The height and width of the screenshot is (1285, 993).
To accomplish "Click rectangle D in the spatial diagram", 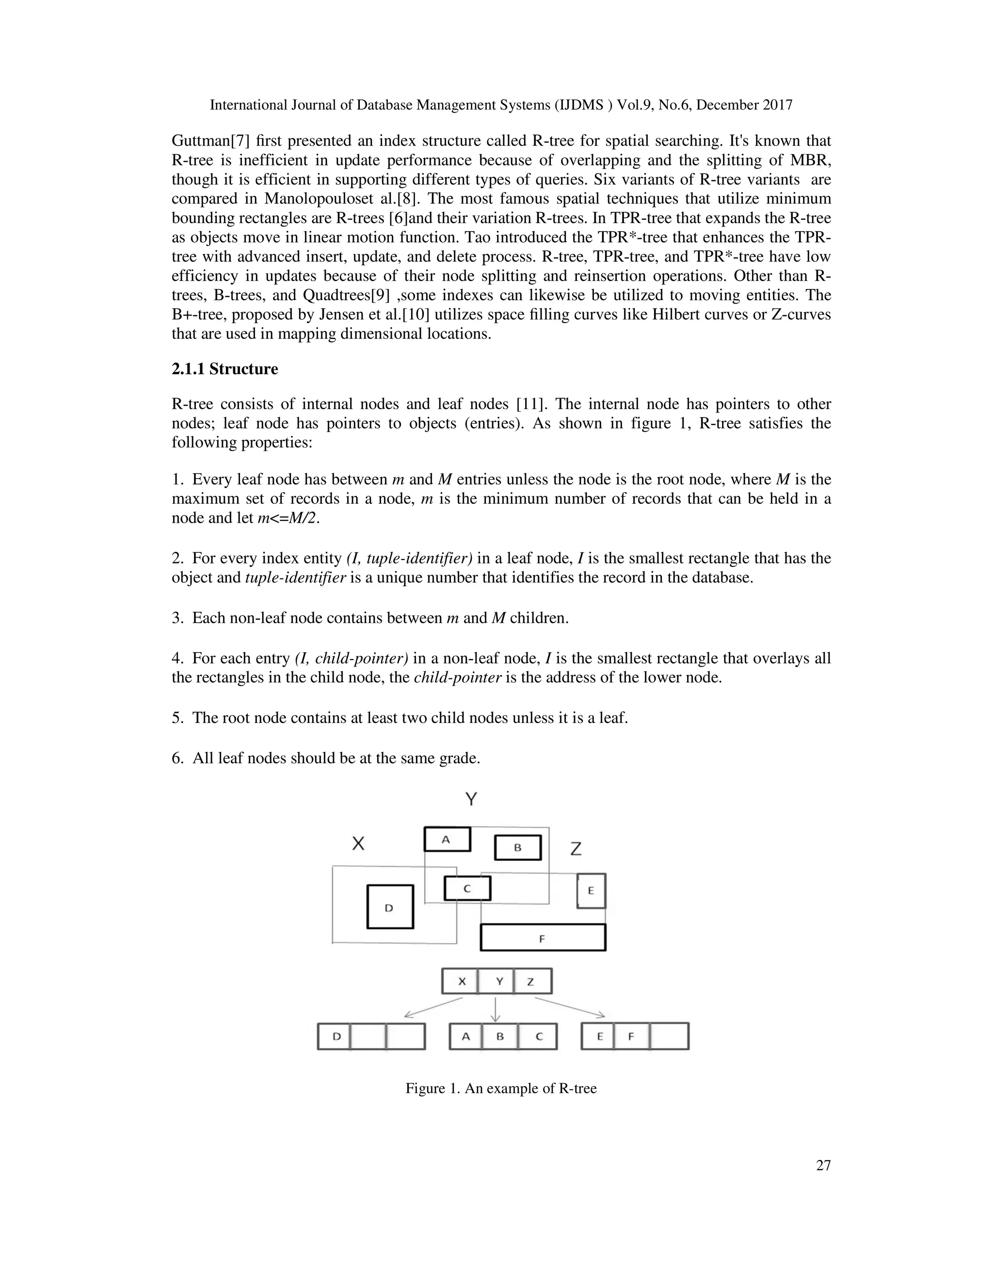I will (390, 907).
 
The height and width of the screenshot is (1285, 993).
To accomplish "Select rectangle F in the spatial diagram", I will (543, 937).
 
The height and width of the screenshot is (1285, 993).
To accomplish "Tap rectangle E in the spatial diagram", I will (591, 890).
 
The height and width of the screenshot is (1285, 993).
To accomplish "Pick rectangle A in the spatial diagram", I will (447, 839).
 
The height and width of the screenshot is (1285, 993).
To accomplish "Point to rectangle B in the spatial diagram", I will (518, 848).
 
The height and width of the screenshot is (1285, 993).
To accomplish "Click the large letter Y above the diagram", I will (471, 799).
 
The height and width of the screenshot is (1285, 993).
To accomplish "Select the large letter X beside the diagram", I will (358, 844).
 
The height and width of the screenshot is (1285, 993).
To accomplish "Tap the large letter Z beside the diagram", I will (576, 849).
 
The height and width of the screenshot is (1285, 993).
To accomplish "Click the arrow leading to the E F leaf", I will (569, 1007).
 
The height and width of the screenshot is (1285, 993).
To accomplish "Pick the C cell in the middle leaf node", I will (538, 1036).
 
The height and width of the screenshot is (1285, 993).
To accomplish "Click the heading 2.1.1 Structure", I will (224, 369).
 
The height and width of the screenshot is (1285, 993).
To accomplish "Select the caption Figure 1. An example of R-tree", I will (500, 1088).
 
